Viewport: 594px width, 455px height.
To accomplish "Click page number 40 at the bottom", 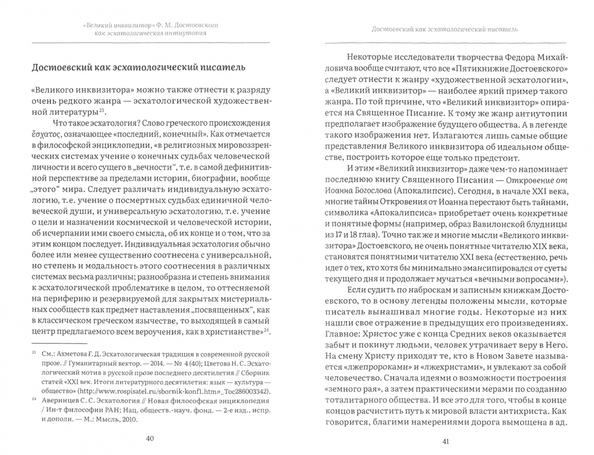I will coord(150,438).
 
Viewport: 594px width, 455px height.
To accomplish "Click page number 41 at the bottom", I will coord(446,441).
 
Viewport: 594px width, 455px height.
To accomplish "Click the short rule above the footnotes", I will coord(59,343).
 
